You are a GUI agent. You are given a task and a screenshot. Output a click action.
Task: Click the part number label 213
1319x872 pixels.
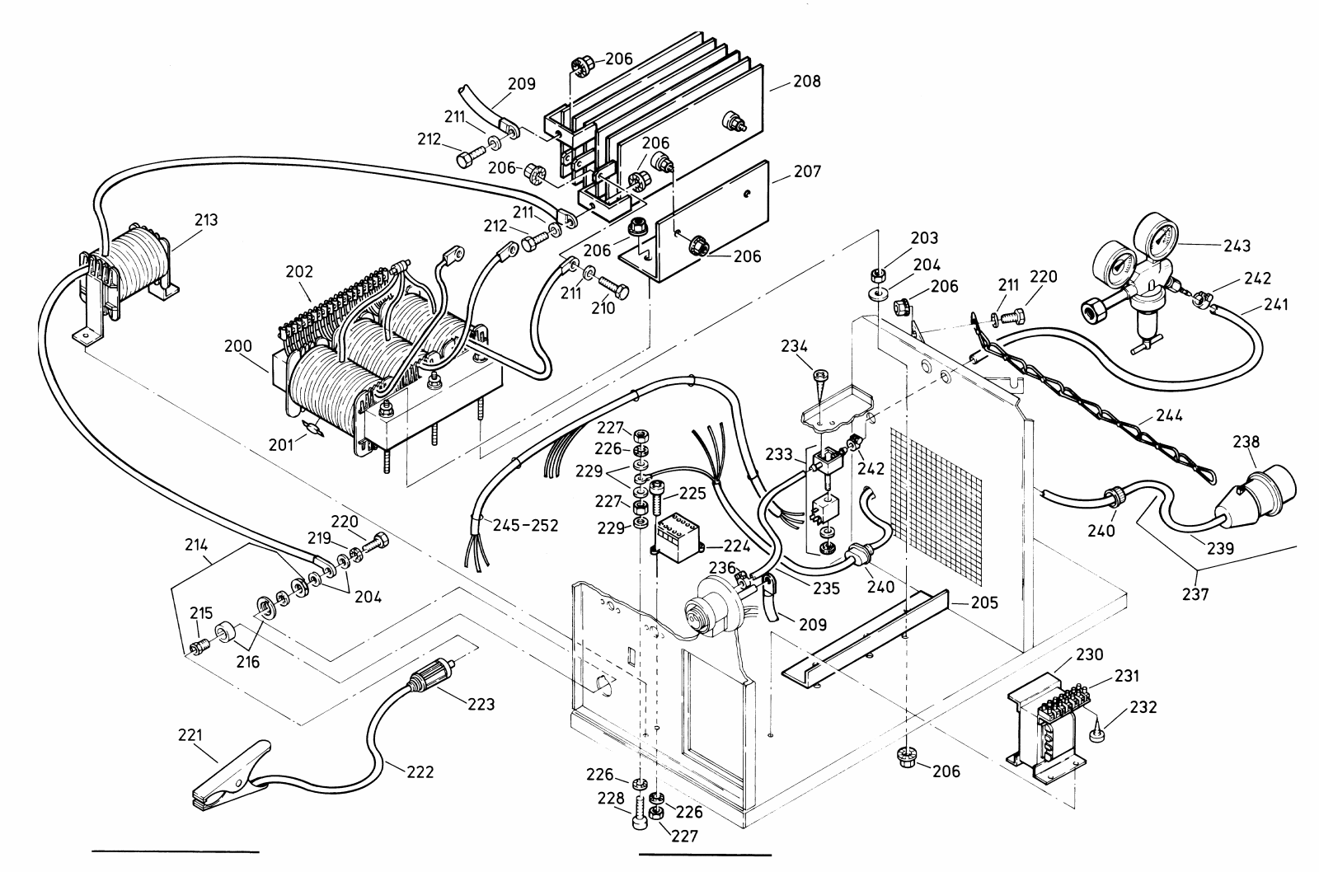(207, 219)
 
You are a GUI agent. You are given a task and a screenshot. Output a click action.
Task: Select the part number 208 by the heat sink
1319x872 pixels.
(807, 82)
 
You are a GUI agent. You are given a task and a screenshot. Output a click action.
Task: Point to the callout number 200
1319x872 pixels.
(238, 346)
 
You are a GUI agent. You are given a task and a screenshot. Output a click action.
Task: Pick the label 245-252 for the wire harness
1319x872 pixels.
(527, 525)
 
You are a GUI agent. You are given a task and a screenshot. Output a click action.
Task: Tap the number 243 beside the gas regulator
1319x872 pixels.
(1237, 246)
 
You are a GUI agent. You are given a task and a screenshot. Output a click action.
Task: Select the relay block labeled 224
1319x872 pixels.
(681, 536)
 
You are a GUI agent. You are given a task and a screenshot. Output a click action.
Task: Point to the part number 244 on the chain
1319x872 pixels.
(1169, 415)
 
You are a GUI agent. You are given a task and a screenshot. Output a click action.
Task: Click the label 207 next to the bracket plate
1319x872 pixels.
(807, 171)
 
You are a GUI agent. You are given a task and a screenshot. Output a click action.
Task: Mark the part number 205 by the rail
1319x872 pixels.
(984, 602)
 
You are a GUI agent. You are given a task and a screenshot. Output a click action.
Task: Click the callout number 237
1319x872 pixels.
(1195, 595)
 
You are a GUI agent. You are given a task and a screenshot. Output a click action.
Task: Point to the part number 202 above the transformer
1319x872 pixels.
(300, 271)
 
